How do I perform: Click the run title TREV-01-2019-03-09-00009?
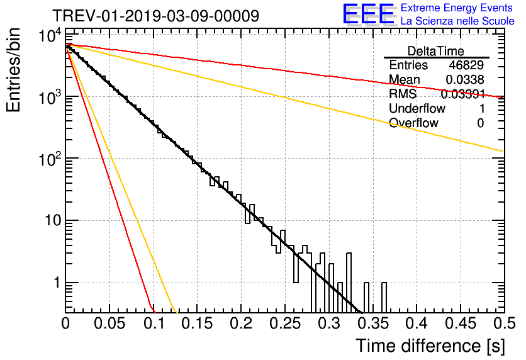point(155,16)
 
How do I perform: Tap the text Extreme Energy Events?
point(457,8)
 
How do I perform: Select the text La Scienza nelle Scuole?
point(457,21)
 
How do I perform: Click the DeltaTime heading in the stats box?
point(436,50)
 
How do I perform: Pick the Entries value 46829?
point(466,65)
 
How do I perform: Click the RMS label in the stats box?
point(403,94)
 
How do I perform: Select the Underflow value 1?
point(481,108)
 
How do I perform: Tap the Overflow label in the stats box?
point(413,123)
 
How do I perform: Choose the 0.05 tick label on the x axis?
point(109,324)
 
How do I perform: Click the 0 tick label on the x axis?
point(65,324)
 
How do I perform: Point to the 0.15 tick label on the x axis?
point(197,324)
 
